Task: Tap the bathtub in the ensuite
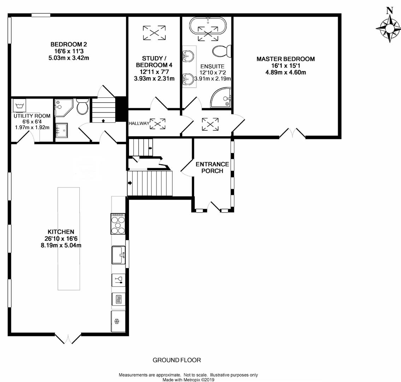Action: (208, 26)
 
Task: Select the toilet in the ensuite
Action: (222, 51)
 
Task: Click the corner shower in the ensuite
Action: (221, 98)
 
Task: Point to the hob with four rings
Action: (118, 224)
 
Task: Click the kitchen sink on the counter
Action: (118, 255)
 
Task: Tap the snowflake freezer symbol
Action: (117, 321)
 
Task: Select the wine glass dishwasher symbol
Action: (118, 280)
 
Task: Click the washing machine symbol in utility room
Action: (19, 105)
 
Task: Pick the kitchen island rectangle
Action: (69, 239)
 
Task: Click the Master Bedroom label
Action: (286, 59)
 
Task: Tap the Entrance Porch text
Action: (212, 167)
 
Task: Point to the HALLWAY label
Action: (139, 123)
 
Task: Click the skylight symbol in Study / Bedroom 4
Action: (154, 33)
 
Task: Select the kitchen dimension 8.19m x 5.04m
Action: (61, 245)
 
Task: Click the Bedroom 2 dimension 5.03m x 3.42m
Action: (69, 58)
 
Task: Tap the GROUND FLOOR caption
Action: (177, 360)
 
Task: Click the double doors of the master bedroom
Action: (292, 133)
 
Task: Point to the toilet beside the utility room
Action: (82, 106)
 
